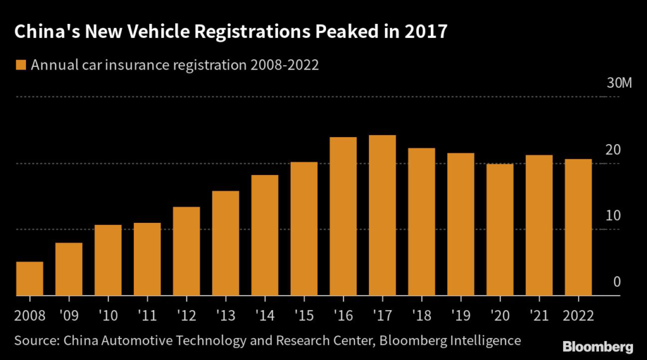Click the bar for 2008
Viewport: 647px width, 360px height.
coord(30,279)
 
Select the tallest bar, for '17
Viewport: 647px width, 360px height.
coord(382,215)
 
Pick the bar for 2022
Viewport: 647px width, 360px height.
coord(578,227)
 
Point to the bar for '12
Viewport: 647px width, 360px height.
coord(186,251)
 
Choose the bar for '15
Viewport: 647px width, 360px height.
coord(304,229)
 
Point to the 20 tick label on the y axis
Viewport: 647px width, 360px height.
coord(612,150)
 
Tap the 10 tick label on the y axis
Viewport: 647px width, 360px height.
coord(612,216)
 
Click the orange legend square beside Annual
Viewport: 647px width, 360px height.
coord(21,64)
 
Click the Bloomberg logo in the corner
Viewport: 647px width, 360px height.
coord(597,346)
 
